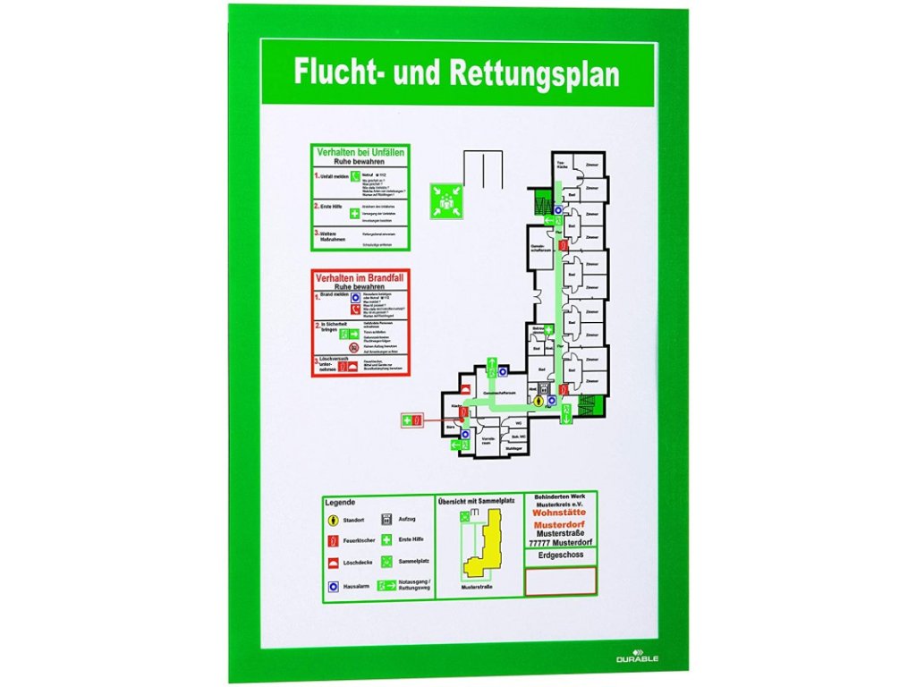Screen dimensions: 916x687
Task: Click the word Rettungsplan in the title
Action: [x=535, y=73]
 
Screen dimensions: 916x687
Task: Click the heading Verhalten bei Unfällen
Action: [x=360, y=153]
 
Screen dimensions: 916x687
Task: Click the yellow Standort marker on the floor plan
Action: [x=539, y=403]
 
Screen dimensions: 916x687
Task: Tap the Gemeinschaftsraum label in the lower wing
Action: [x=496, y=394]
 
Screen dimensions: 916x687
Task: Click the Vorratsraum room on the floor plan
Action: [x=488, y=442]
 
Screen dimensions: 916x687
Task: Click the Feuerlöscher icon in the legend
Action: [x=333, y=540]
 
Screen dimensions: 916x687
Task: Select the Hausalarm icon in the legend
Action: [x=333, y=587]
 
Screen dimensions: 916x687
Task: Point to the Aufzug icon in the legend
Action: [x=386, y=519]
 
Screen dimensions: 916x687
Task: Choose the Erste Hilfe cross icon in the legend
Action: [x=386, y=540]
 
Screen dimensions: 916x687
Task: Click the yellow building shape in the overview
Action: [x=483, y=548]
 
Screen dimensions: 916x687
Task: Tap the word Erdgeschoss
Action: [x=561, y=556]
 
